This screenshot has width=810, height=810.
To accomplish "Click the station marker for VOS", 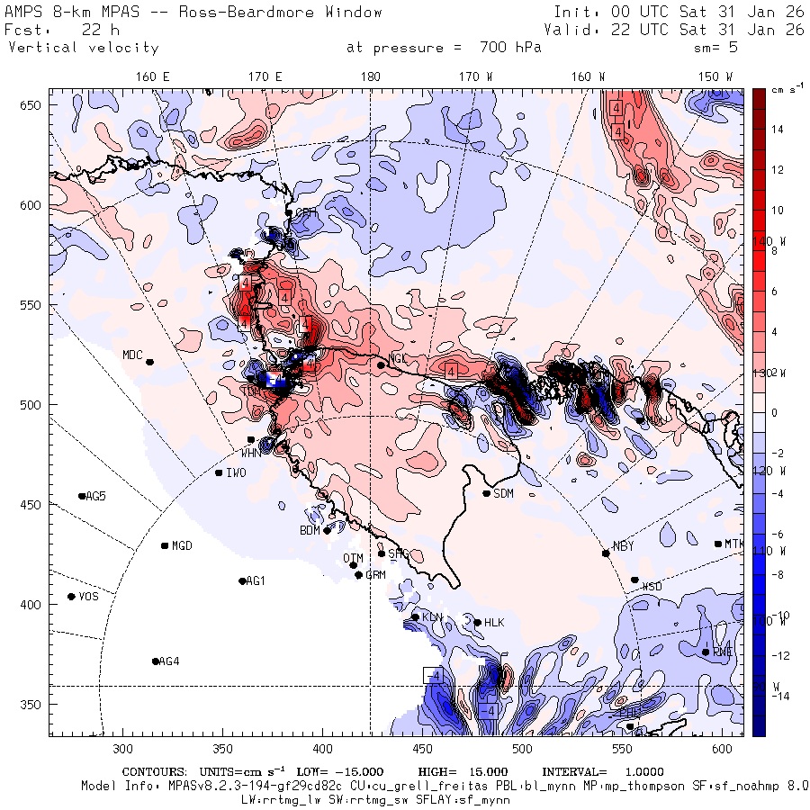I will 72,597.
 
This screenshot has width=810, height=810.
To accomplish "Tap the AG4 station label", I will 168,661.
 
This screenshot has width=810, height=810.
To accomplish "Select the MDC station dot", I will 150,362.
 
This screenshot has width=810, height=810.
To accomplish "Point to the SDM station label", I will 504,493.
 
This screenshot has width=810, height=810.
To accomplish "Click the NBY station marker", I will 606,553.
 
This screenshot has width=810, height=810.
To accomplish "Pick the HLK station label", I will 494,623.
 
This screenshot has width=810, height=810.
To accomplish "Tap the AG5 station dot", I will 82,496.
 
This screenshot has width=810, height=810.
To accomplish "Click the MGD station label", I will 182,546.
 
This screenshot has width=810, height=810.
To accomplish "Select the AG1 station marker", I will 242,581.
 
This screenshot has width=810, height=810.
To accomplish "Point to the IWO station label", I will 236,472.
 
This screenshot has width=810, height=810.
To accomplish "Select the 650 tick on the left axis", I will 33,106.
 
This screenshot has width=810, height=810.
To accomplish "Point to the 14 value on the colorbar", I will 776,130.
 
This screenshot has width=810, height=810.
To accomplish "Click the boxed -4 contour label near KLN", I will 433,675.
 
